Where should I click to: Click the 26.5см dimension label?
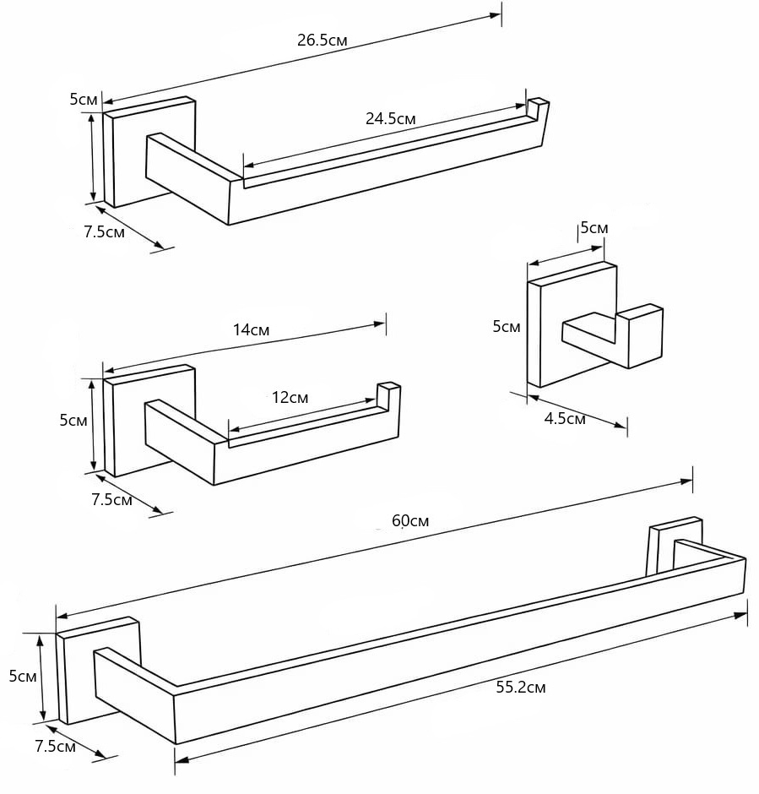click(x=323, y=40)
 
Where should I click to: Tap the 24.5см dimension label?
click(x=391, y=118)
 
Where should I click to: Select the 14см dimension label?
click(x=251, y=330)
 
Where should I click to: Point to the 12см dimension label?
click(x=290, y=398)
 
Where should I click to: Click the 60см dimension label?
click(x=410, y=520)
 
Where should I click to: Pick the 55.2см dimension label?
click(x=521, y=688)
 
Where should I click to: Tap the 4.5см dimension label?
click(x=565, y=419)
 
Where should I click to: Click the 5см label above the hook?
click(x=594, y=228)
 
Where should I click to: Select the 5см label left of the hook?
click(x=507, y=327)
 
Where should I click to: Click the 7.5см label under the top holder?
click(x=104, y=232)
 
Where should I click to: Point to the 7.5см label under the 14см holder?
click(x=111, y=500)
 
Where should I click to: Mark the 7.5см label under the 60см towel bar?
click(x=55, y=746)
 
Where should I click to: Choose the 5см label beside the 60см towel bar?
click(x=23, y=676)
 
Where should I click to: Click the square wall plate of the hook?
click(x=572, y=324)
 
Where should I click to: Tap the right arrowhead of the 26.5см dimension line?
click(x=496, y=16)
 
